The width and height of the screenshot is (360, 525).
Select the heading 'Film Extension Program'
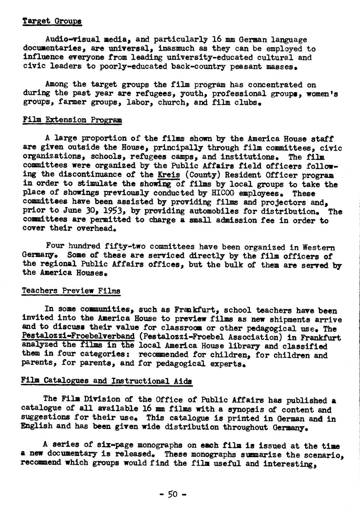point(72,120)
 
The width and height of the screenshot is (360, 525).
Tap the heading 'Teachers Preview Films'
point(71,291)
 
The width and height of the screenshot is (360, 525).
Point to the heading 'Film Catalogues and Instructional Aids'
point(107,381)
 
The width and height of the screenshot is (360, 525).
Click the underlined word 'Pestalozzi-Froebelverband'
point(78,337)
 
